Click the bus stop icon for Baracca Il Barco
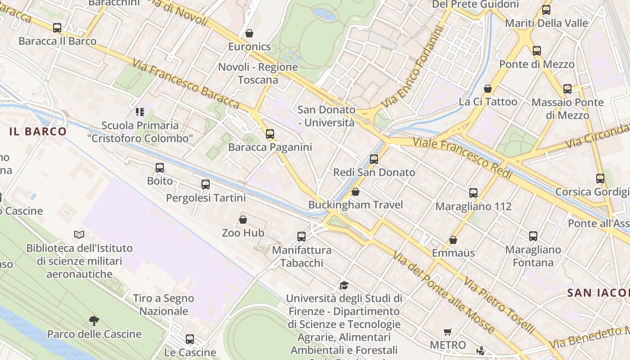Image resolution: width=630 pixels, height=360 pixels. point(57,28)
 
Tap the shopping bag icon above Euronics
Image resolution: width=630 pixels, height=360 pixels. point(249,33)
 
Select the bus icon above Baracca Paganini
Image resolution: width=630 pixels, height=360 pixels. point(270,134)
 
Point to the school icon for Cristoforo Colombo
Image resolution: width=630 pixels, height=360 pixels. point(139,112)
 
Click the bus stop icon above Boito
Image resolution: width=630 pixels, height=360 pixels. point(160,168)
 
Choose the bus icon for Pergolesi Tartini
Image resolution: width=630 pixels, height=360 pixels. point(206,184)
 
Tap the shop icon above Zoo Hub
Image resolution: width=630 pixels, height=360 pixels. point(243,220)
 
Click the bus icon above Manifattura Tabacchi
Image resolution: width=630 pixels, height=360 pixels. point(301,236)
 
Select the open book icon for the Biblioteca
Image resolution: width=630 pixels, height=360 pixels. point(79,234)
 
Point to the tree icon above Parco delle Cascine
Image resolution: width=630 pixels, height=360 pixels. point(94,320)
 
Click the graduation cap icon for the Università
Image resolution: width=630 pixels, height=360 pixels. point(344,285)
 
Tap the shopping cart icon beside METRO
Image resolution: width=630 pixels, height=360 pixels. point(448,332)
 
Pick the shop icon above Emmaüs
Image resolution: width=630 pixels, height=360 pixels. point(453,240)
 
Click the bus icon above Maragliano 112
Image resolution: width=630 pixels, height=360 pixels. point(473,193)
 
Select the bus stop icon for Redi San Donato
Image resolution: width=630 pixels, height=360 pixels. point(374,159)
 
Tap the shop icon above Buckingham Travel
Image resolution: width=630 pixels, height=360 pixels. point(355,192)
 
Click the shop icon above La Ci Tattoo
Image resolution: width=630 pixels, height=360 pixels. point(488,89)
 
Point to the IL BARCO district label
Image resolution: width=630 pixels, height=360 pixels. point(38,132)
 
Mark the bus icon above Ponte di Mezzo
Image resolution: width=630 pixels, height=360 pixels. point(537,51)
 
